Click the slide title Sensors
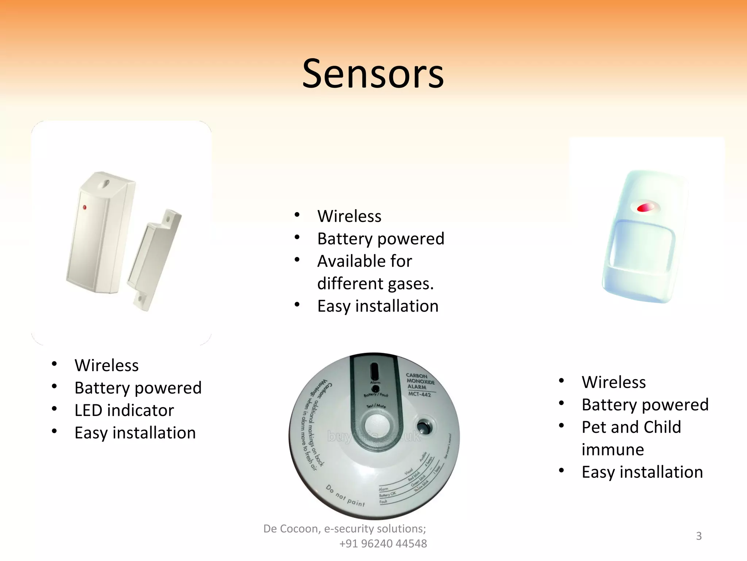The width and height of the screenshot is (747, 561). tap(373, 74)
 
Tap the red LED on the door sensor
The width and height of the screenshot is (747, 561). tap(84, 207)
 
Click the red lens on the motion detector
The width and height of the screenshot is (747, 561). tap(645, 207)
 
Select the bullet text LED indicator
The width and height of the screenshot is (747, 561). tap(124, 410)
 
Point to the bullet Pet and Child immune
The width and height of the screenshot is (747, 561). tap(631, 438)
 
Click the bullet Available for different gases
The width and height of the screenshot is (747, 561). tap(375, 272)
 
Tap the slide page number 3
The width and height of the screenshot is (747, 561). tap(698, 536)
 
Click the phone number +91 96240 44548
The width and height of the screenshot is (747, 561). tap(383, 543)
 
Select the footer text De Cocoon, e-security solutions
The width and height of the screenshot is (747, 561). tap(344, 528)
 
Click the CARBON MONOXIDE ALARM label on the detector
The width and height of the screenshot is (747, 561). tap(420, 381)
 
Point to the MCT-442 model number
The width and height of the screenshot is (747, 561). tap(419, 394)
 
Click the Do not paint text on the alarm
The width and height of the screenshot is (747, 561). tap(345, 496)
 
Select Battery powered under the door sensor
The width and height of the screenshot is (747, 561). tap(138, 388)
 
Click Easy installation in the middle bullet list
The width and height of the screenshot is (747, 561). tap(378, 306)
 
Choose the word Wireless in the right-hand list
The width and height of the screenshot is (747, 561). tap(614, 382)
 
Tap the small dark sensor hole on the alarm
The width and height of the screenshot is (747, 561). tap(423, 426)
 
